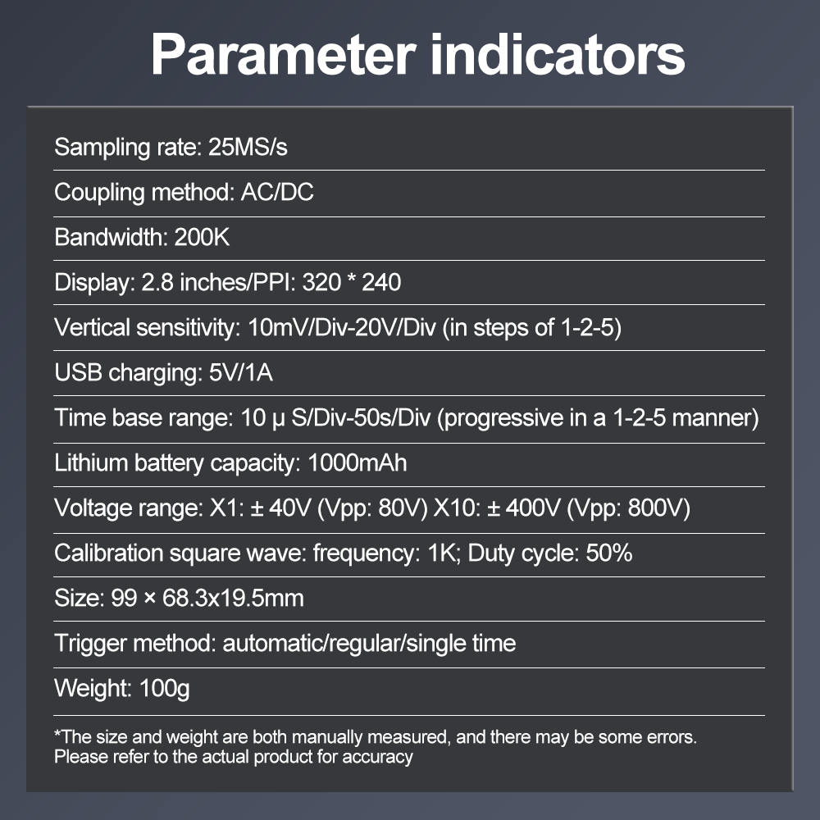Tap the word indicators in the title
(x=558, y=54)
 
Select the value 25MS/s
(x=248, y=148)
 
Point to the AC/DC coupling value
(x=277, y=193)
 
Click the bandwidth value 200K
(x=202, y=238)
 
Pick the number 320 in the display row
(x=321, y=282)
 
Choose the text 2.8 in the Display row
(x=157, y=282)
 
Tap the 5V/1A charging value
(x=241, y=373)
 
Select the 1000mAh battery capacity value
(x=358, y=462)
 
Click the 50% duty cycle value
(x=609, y=553)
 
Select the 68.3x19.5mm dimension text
(x=233, y=599)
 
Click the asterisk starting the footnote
(x=57, y=733)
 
